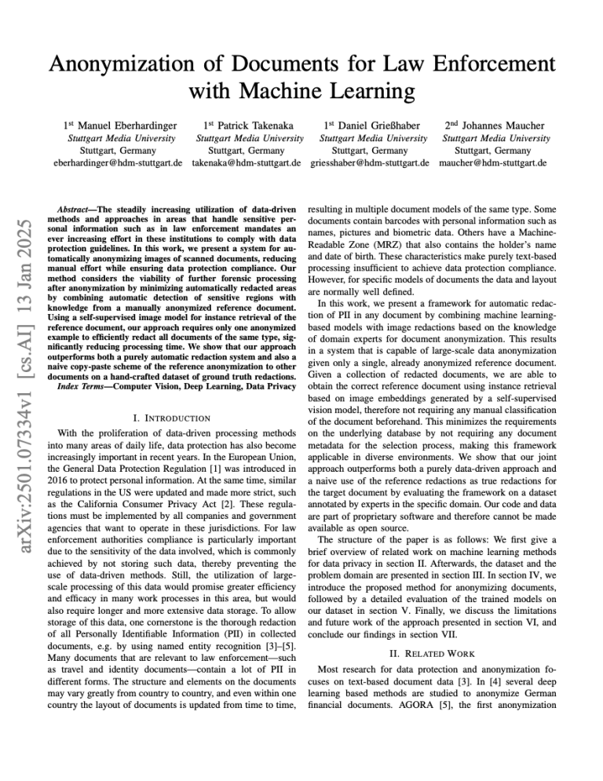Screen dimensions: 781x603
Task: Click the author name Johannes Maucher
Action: [497, 126]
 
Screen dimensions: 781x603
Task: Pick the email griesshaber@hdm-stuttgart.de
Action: [369, 163]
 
